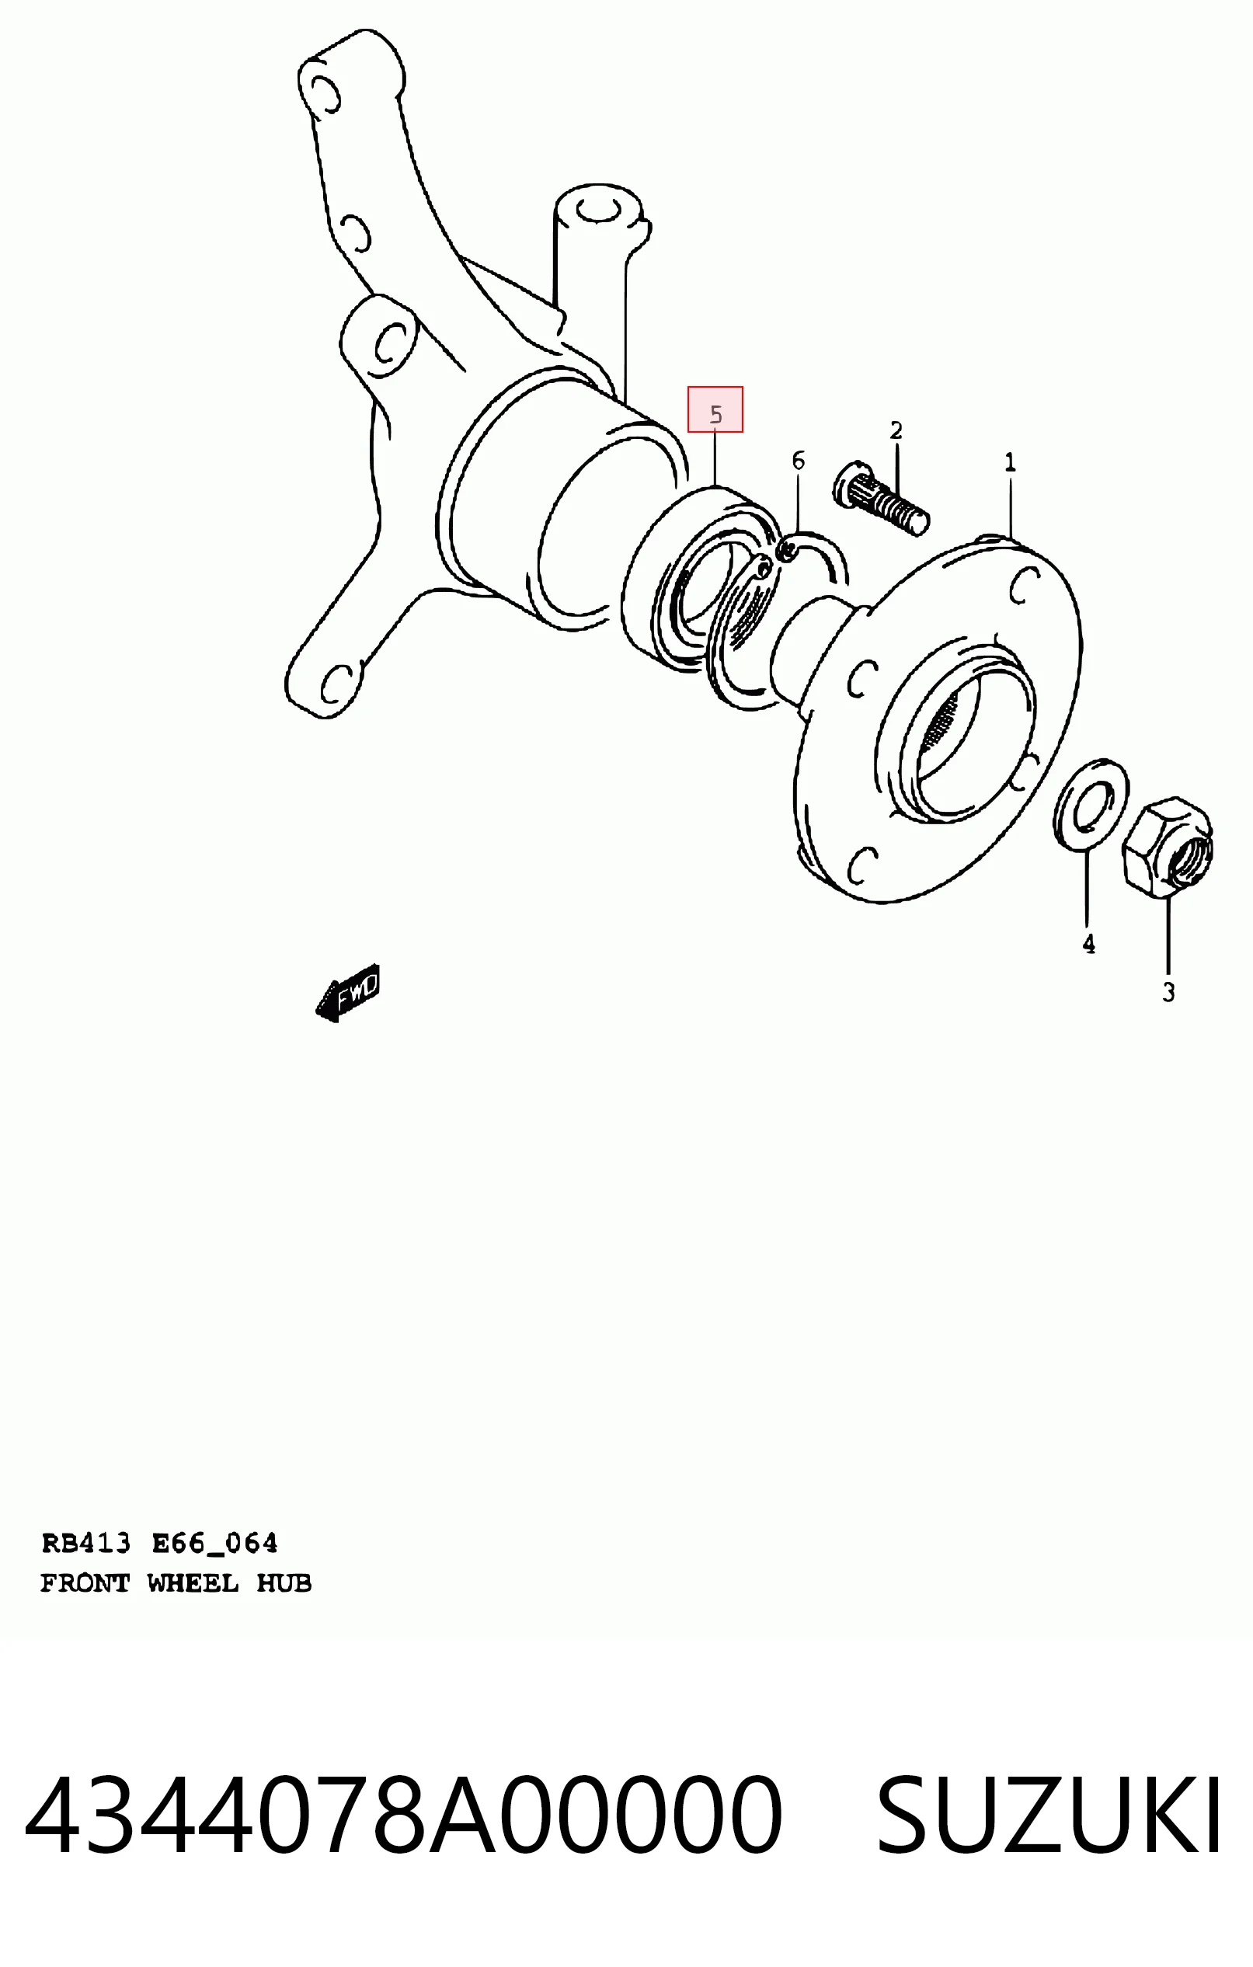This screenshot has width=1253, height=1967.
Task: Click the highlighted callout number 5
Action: [715, 415]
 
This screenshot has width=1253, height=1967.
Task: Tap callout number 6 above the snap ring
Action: [798, 461]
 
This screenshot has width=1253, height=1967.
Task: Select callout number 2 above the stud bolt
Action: [896, 430]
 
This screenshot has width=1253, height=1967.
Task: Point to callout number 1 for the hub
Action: [1011, 463]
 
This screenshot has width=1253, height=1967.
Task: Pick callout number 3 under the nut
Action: [1169, 993]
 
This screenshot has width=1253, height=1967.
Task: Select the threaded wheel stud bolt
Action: [881, 498]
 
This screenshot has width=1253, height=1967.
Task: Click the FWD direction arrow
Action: [348, 993]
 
